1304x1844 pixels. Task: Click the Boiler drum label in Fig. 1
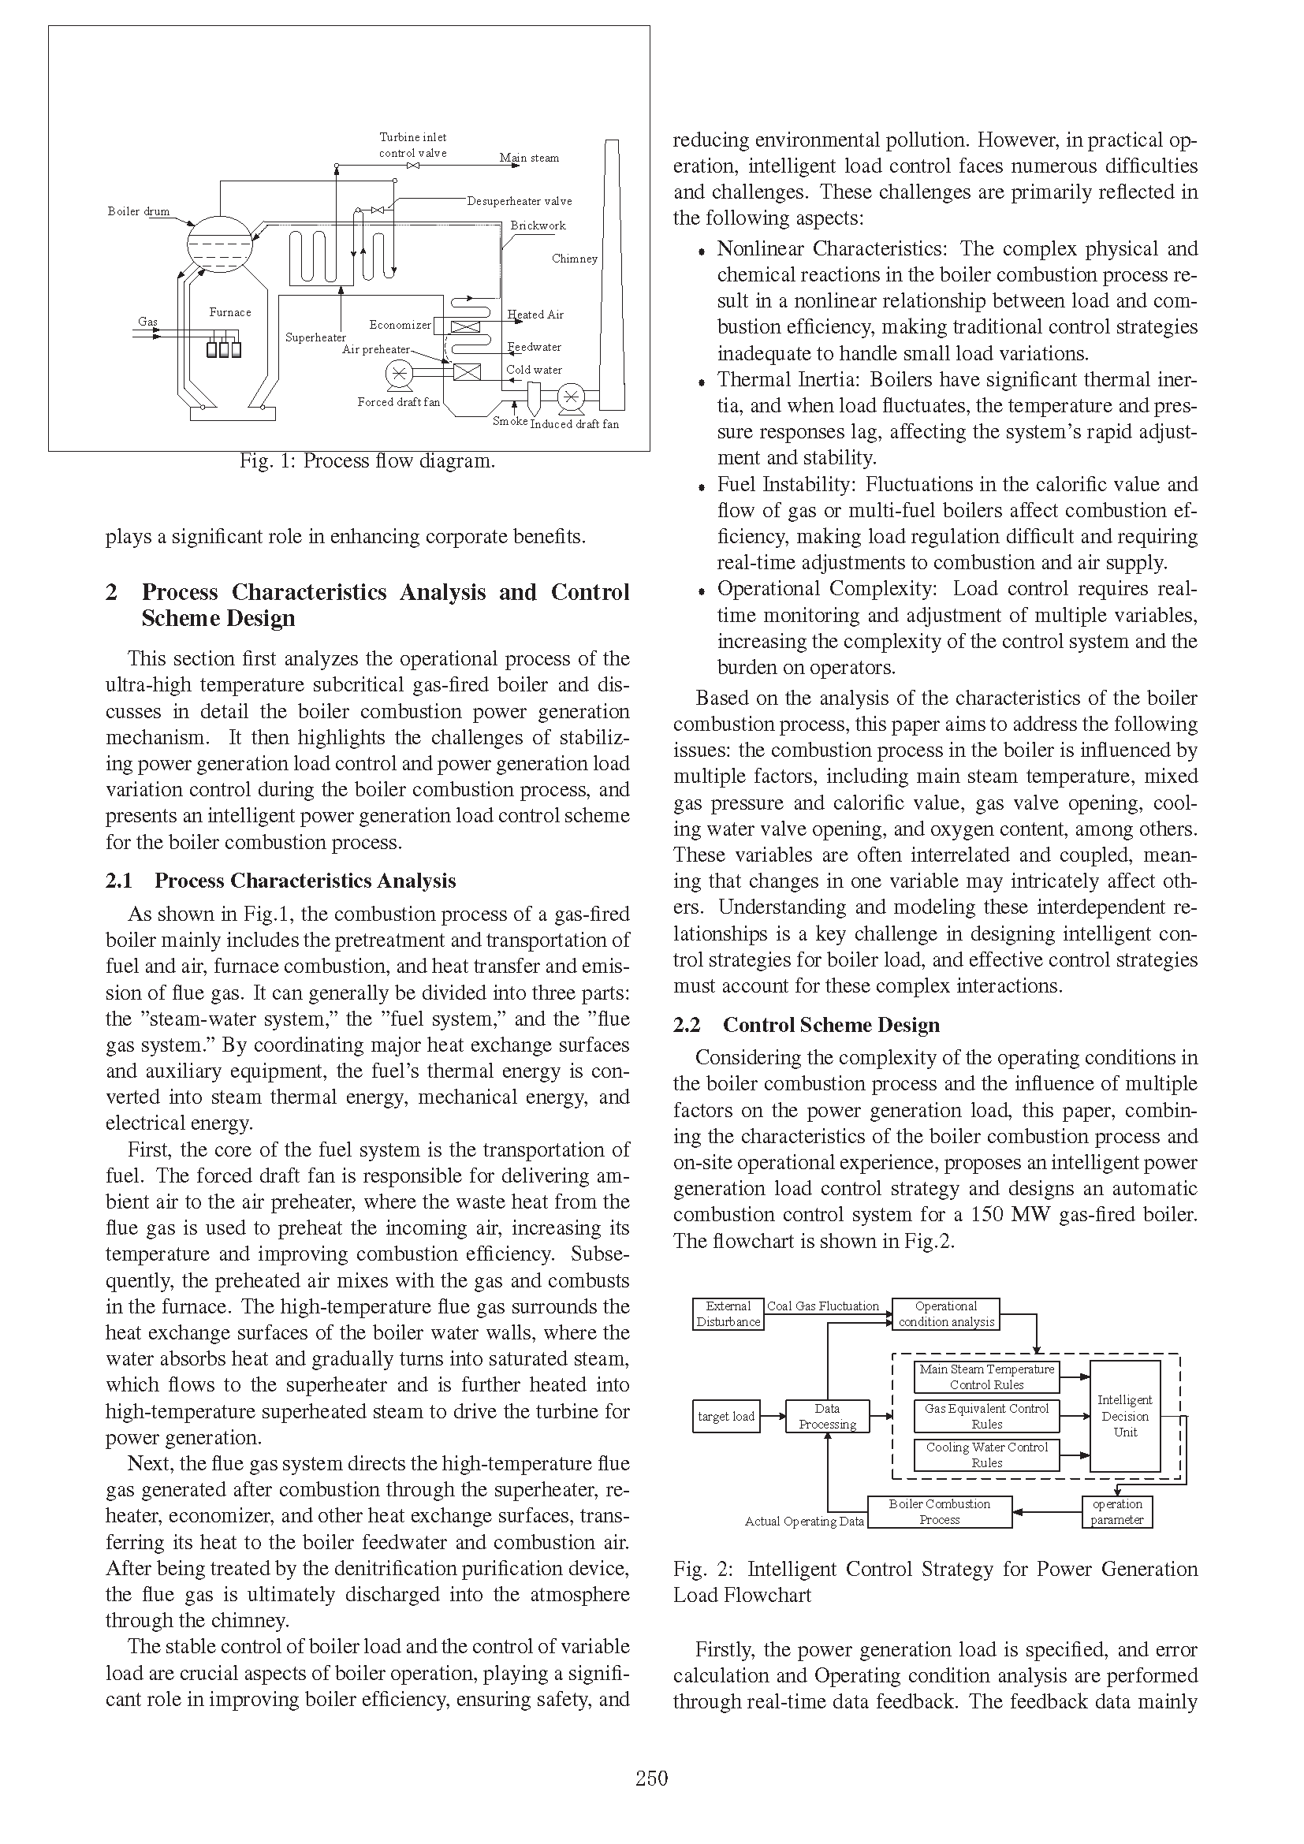click(138, 211)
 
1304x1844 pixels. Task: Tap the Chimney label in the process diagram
click(574, 259)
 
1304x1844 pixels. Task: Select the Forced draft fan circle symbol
click(399, 373)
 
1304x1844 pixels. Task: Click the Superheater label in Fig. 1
click(315, 337)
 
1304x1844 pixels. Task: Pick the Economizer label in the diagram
click(400, 325)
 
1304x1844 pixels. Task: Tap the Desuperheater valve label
click(519, 201)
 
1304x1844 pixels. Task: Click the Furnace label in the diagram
click(229, 312)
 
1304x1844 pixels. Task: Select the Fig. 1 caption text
click(367, 461)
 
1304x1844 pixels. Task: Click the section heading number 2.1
click(119, 881)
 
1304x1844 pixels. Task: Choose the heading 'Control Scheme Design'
click(831, 1025)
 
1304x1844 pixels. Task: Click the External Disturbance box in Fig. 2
click(728, 1314)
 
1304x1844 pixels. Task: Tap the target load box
click(726, 1417)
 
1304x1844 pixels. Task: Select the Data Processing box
click(827, 1417)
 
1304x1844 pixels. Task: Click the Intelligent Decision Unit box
click(1125, 1416)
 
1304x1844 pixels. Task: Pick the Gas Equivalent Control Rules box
click(987, 1416)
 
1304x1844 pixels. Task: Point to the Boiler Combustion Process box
click(940, 1511)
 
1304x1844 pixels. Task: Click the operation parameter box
click(1117, 1511)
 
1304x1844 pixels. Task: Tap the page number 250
click(651, 1778)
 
